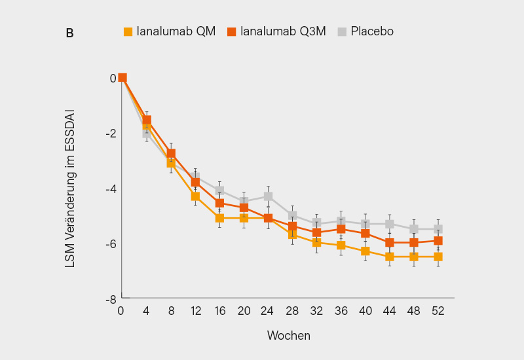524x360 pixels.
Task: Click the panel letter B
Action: pos(69,33)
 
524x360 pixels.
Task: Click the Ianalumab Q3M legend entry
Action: pos(276,31)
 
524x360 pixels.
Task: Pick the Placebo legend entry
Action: pos(365,31)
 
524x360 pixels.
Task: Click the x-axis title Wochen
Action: pos(288,335)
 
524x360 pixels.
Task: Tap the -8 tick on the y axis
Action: pos(112,299)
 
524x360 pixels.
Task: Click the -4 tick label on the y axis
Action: pos(112,189)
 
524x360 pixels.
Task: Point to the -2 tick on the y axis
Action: pos(112,134)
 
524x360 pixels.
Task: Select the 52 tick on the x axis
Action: pos(438,312)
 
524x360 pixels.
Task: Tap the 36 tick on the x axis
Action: pos(341,312)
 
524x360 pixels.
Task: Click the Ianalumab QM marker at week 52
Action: pos(438,257)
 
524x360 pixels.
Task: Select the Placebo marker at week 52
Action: pos(438,229)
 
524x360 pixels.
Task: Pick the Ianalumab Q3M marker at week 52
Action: pos(438,241)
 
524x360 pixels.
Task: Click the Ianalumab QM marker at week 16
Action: pos(220,218)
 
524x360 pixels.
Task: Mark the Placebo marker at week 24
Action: pos(269,196)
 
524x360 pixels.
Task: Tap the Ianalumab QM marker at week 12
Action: pos(195,196)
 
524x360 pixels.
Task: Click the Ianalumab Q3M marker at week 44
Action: pos(390,243)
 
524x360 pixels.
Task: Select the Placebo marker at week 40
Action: pos(365,224)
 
